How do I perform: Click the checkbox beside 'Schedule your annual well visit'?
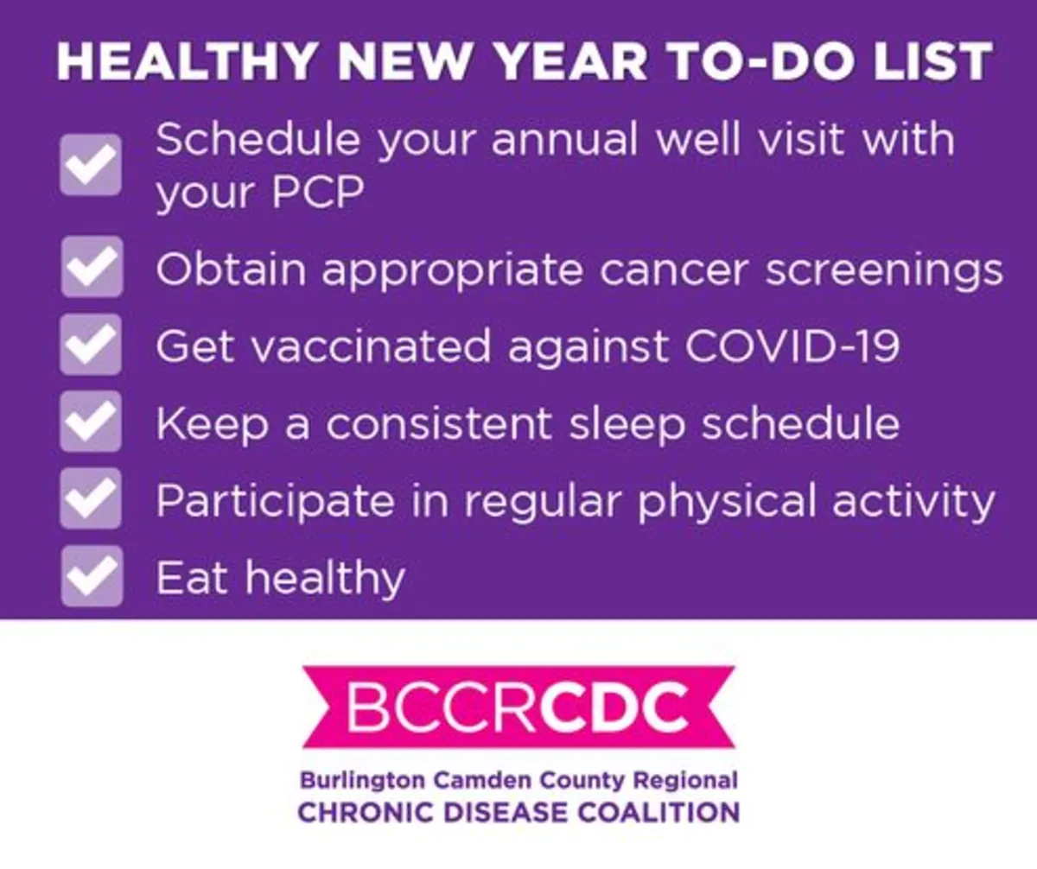tap(91, 164)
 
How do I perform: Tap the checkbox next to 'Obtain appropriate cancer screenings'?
tap(92, 267)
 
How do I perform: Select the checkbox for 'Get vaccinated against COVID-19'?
tap(91, 344)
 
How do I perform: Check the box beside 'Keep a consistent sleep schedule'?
tap(91, 421)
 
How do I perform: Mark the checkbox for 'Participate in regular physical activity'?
tap(91, 498)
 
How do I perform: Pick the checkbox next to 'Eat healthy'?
tap(92, 576)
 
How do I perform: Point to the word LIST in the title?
tap(932, 61)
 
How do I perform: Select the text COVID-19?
tap(792, 346)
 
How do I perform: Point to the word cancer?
tap(673, 270)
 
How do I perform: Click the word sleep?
tap(627, 426)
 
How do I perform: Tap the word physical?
tap(727, 502)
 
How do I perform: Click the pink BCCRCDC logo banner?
tap(518, 707)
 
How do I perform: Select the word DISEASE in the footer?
tap(505, 814)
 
